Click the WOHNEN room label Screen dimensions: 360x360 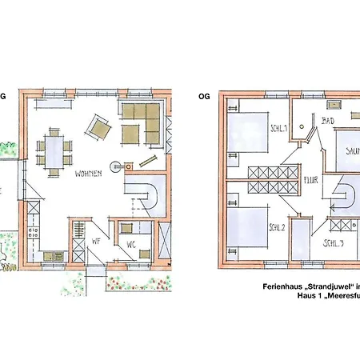pyautogui.click(x=89, y=173)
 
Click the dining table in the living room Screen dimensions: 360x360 pyautogui.click(x=54, y=152)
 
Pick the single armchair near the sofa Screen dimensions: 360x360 pyautogui.click(x=99, y=126)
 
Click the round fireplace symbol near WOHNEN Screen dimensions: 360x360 pyautogui.click(x=118, y=168)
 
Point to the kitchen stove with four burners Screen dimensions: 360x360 pyautogui.click(x=34, y=234)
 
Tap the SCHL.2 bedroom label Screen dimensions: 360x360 pyautogui.click(x=278, y=226)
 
